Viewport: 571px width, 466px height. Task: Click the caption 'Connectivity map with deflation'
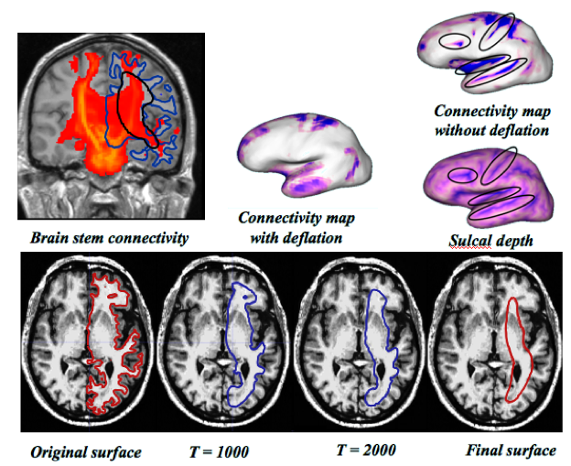coord(296,228)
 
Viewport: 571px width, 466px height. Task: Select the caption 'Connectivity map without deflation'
coord(491,121)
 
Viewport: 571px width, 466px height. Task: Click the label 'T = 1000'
coord(219,450)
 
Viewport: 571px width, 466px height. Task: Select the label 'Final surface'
coord(510,450)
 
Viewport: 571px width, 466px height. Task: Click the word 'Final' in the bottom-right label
coord(484,450)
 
